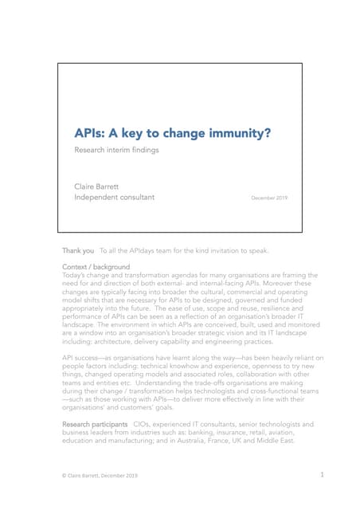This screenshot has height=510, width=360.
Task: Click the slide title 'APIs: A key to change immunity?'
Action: click(x=172, y=133)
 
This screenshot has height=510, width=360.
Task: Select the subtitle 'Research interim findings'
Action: click(x=116, y=150)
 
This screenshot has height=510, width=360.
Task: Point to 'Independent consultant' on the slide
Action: click(x=114, y=197)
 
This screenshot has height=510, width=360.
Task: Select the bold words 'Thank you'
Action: click(x=78, y=251)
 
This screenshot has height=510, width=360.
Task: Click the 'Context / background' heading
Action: click(x=96, y=266)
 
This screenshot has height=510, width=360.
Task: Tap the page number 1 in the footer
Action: click(x=322, y=475)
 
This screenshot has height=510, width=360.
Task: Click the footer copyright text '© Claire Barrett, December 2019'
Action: click(x=100, y=476)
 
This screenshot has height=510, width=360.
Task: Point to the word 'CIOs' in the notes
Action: click(x=144, y=424)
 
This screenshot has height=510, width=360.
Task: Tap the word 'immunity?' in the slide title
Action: click(x=237, y=133)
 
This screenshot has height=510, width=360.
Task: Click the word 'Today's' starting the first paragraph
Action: click(x=76, y=275)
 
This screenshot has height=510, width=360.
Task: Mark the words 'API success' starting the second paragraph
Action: click(x=84, y=358)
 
